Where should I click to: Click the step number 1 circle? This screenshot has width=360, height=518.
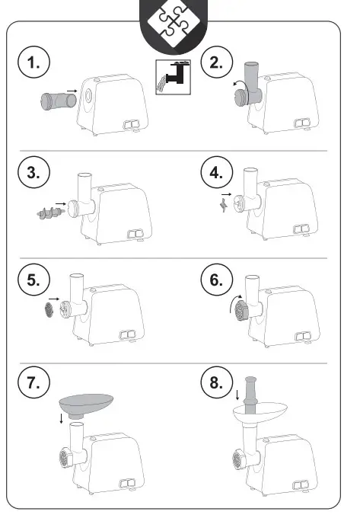pos(33,62)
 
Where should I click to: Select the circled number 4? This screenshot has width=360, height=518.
pos(217,172)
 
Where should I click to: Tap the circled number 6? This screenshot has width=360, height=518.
pos(217,280)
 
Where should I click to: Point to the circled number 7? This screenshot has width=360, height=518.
pos(33,382)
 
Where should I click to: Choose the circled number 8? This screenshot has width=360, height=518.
pos(217,382)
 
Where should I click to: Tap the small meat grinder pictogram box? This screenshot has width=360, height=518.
pos(174,77)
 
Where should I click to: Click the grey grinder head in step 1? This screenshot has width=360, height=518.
pos(59,101)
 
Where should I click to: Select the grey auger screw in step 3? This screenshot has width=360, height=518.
pos(50,213)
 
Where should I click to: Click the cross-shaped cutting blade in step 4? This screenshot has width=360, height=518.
pos(224,205)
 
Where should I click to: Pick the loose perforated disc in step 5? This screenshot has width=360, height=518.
pos(49,310)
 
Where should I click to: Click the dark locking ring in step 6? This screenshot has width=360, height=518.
pos(241,312)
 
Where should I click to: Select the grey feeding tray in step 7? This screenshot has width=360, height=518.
pos(86,405)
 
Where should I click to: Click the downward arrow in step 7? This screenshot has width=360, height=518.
pos(61,417)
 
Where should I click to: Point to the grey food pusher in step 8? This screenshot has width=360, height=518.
pos(250,395)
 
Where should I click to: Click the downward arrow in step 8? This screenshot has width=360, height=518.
pos(237,395)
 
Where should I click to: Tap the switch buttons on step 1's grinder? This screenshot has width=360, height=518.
pos(132,124)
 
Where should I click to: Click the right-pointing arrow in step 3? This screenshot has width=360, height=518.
pos(61,204)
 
